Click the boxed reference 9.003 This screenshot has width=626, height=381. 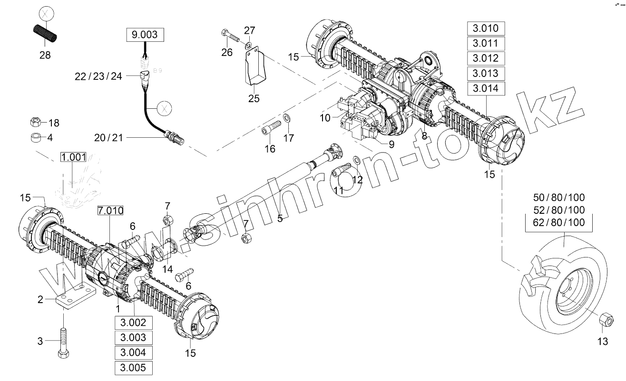pyautogui.click(x=144, y=35)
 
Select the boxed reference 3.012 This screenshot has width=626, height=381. pyautogui.click(x=486, y=58)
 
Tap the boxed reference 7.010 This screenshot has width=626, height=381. pyautogui.click(x=110, y=210)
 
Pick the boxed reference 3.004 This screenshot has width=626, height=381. pyautogui.click(x=133, y=353)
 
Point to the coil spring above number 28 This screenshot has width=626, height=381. pyautogui.click(x=45, y=34)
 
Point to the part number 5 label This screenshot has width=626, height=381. pyautogui.click(x=280, y=219)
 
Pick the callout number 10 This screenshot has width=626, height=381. pyautogui.click(x=325, y=118)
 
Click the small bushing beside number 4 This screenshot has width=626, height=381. pyautogui.click(x=34, y=138)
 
